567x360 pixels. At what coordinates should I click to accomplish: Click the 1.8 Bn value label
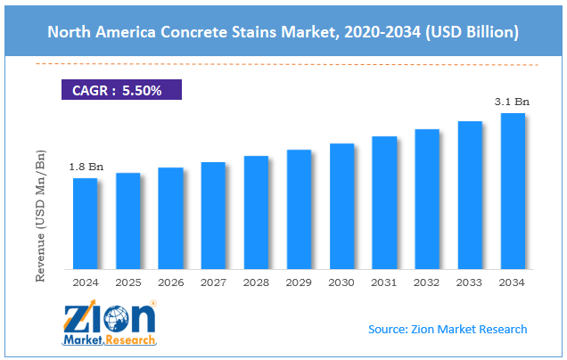coord(86,167)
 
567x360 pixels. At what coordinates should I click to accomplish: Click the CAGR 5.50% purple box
coord(121,90)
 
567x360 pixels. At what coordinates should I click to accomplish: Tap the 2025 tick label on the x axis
coord(128,282)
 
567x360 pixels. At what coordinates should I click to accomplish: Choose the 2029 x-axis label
coord(299,282)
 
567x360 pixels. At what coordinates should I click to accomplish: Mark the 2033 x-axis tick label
coord(470,282)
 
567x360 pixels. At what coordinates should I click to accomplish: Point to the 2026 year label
coord(171,282)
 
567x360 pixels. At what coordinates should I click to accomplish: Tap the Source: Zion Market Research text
coord(448,330)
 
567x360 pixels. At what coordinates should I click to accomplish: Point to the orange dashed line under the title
coord(285,64)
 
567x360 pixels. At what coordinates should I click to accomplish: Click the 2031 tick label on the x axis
coord(384,282)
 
